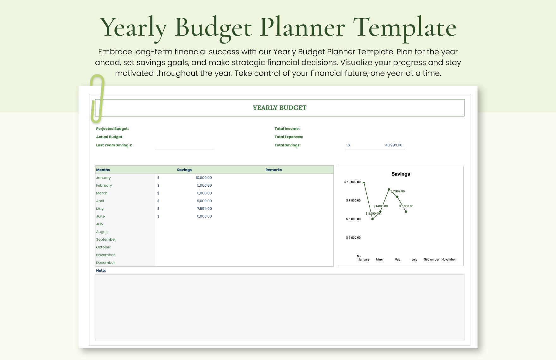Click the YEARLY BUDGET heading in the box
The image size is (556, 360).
point(279,108)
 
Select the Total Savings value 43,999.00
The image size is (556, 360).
point(393,145)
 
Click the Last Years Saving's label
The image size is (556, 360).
point(114,145)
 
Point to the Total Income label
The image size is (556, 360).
point(287,129)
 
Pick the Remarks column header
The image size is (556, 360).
point(273,170)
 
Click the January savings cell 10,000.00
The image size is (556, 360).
point(203,178)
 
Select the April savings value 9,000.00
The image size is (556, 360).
point(204,201)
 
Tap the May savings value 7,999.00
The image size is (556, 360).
point(204,209)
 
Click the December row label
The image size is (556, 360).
point(106,263)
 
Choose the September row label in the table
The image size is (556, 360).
point(106,239)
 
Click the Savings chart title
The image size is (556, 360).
point(400,174)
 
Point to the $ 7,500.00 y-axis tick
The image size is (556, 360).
point(353,201)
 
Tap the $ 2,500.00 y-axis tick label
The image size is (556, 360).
point(353,238)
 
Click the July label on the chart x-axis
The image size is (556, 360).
point(414,260)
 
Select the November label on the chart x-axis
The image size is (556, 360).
point(448,260)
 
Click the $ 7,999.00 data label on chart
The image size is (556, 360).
point(398,191)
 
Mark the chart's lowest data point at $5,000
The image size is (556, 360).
point(372,219)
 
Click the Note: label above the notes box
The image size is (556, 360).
point(101,271)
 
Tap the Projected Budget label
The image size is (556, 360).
point(112,129)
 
